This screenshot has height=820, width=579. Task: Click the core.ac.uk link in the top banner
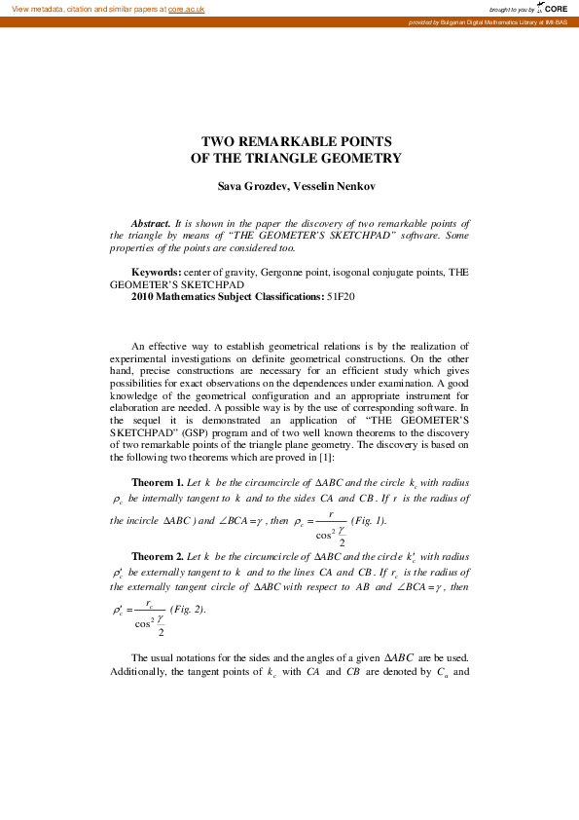pos(186,9)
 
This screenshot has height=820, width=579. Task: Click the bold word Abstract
pos(151,223)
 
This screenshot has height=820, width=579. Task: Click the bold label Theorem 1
pos(157,482)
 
